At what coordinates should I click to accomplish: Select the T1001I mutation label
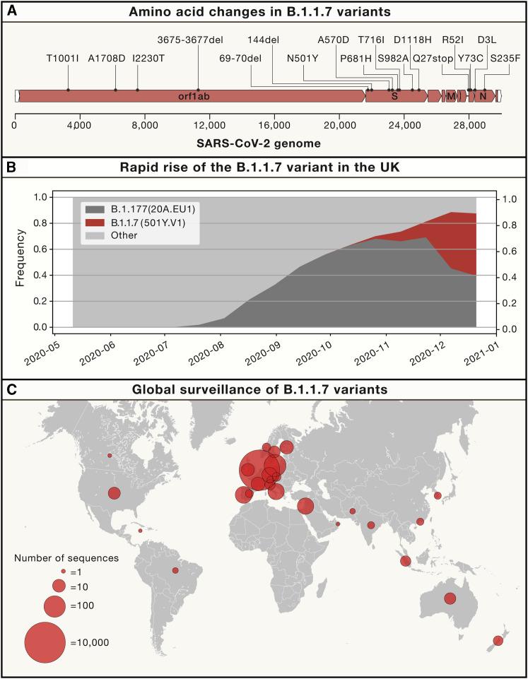coord(63,58)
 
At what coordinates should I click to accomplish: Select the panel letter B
coord(11,167)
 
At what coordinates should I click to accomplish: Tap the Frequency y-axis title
coord(20,262)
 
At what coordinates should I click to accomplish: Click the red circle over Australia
coord(450,598)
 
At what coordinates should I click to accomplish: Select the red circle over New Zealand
coord(498,641)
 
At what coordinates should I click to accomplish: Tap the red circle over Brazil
coord(175,570)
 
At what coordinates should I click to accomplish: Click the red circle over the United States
coord(115,493)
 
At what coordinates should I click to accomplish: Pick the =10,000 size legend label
coord(90,642)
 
